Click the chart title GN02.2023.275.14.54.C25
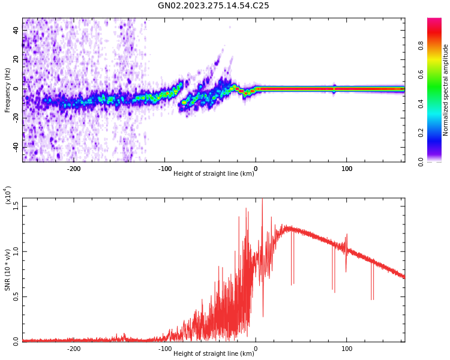point(214,6)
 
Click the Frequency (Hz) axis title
point(8,90)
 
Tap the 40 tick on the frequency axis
point(16,30)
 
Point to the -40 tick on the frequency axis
point(15,146)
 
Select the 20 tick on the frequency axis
point(16,59)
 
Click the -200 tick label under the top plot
point(74,169)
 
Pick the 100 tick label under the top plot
point(347,169)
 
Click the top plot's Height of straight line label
point(214,173)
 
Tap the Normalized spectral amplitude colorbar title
point(446,90)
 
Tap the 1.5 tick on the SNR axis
point(15,206)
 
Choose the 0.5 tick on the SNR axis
point(15,296)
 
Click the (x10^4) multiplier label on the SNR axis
point(8,195)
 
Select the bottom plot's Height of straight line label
point(214,353)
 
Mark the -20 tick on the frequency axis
point(15,118)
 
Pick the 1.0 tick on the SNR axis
point(15,251)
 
